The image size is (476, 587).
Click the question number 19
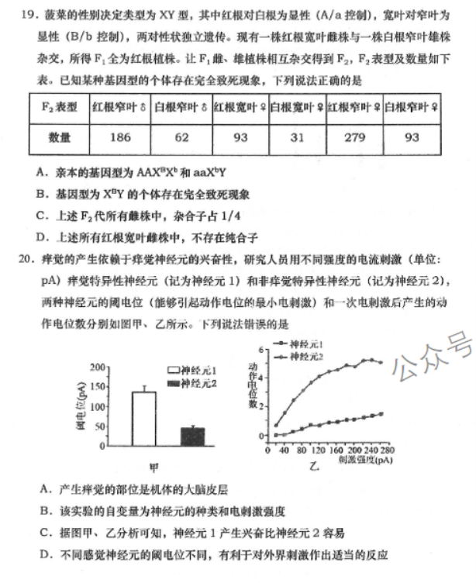[22, 14]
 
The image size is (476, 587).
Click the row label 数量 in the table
[59, 138]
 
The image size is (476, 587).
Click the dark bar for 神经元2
[192, 436]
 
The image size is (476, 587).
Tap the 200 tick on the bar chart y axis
[97, 368]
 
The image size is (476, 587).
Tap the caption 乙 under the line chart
[314, 468]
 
